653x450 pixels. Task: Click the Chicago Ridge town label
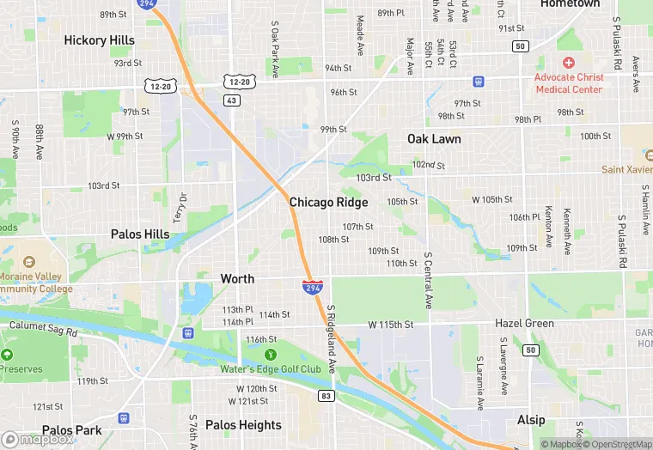[328, 203]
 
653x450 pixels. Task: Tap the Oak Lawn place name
[434, 139]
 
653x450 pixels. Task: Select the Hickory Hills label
[99, 40]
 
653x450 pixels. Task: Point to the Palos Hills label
[140, 234]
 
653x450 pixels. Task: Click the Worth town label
[237, 279]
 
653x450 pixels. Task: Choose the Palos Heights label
[243, 425]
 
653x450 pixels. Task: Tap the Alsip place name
[531, 420]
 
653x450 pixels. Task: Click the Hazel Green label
[524, 324]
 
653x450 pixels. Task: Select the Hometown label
[570, 4]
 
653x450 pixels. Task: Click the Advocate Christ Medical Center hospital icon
[568, 63]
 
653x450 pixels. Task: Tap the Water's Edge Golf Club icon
[271, 354]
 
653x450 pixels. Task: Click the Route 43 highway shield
[231, 100]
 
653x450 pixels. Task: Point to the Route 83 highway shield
[325, 396]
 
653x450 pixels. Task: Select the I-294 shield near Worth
[313, 286]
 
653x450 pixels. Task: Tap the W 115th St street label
[391, 325]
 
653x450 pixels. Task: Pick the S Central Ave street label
[428, 281]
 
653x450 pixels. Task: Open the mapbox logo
[38, 439]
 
